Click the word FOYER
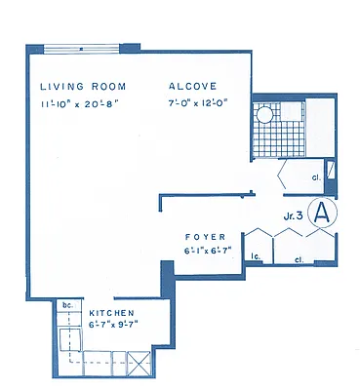click(206, 236)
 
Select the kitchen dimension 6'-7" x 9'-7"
click(110, 327)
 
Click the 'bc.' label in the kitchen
click(66, 304)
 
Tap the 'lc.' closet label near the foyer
click(256, 257)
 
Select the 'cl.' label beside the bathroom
click(317, 177)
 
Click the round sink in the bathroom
click(263, 115)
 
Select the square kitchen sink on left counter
click(69, 339)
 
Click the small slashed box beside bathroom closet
click(332, 167)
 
